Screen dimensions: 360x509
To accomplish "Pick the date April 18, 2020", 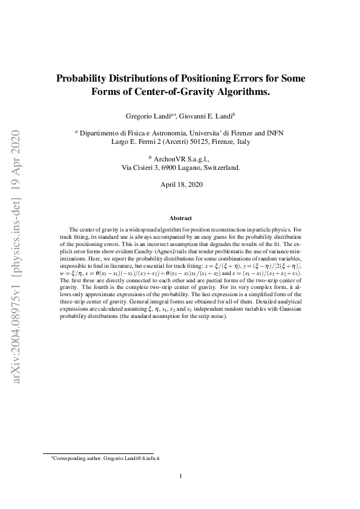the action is coord(180,184).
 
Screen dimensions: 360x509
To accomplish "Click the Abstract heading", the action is coord(180,218).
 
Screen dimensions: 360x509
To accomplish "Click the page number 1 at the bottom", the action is coord(180,476).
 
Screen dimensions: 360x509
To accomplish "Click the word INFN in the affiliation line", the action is coord(274,132).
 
